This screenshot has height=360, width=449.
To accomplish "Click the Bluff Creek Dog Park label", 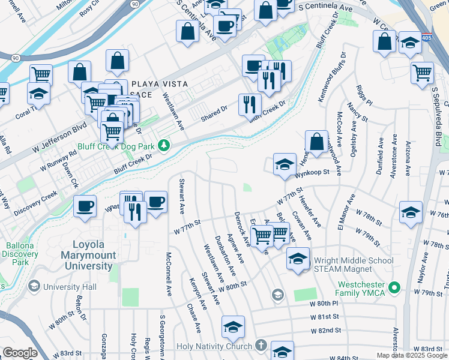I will tap(115, 146).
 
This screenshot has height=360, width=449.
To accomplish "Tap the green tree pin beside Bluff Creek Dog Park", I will tap(163, 146).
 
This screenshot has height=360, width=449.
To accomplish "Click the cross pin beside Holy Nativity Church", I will tap(260, 346).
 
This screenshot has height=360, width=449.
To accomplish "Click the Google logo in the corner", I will tap(19, 353).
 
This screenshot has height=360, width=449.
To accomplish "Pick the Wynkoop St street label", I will tap(312, 173).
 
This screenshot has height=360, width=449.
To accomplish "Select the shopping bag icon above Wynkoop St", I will tap(316, 142).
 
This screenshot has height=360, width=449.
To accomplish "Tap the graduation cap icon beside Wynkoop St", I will tap(285, 164).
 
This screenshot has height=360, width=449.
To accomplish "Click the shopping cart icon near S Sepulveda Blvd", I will tap(423, 73).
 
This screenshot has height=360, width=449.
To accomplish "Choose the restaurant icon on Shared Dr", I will tap(250, 104).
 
